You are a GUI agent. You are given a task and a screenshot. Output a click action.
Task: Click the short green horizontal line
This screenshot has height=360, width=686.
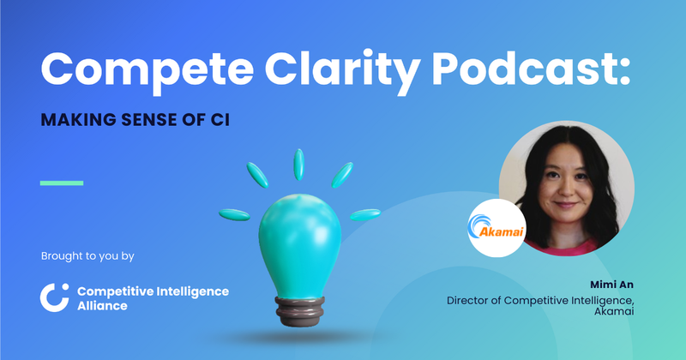[63, 183]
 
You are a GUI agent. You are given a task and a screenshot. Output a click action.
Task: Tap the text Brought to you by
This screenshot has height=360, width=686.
[87, 255]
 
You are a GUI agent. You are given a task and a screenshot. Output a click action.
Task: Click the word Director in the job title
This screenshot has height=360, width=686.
[471, 301]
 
